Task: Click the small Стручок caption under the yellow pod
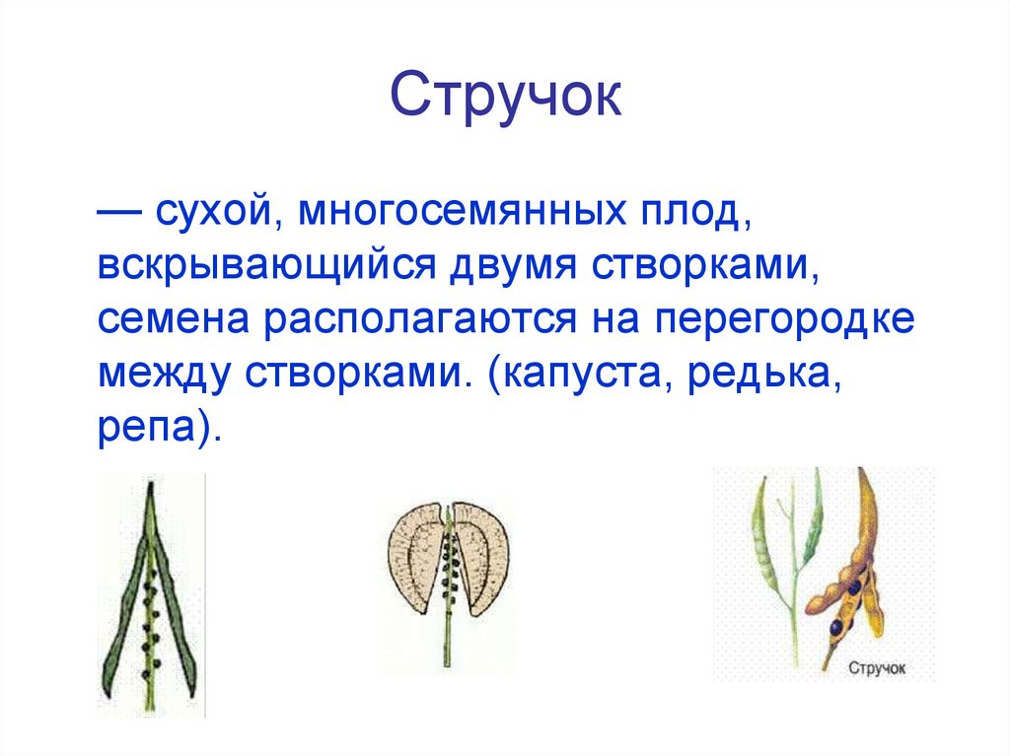click(x=876, y=669)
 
